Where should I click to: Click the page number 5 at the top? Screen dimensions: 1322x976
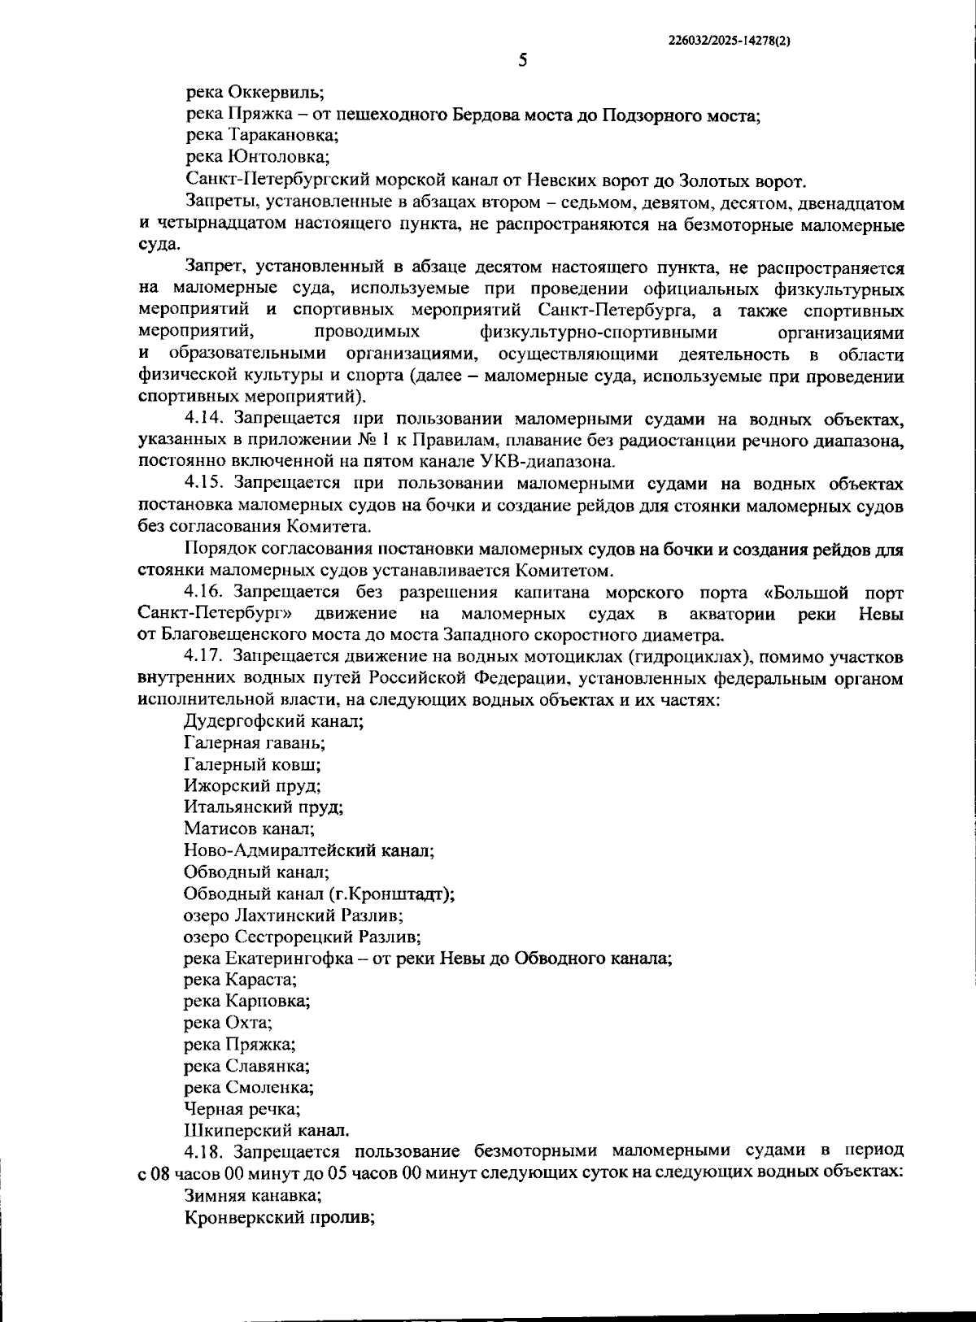(522, 60)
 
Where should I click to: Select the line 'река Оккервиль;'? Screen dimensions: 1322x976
(255, 92)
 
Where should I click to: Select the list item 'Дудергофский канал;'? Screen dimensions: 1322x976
(273, 720)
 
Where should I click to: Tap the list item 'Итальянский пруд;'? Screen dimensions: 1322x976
(264, 807)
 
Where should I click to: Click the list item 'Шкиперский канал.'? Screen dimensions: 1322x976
(267, 1130)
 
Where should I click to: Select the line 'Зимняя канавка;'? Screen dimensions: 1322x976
(252, 1196)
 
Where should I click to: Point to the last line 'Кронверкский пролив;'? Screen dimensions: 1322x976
(278, 1218)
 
